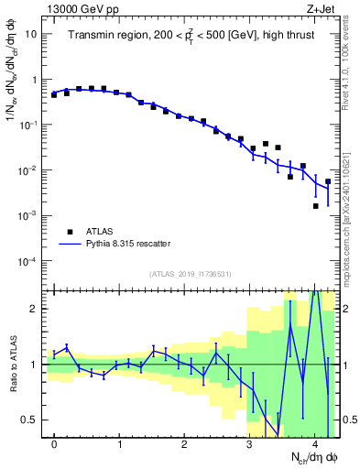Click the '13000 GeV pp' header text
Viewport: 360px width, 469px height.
(x=81, y=8)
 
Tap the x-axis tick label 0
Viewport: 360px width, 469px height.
(x=55, y=445)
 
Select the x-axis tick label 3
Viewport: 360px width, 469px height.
(x=249, y=445)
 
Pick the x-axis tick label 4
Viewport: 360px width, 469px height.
(x=314, y=445)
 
